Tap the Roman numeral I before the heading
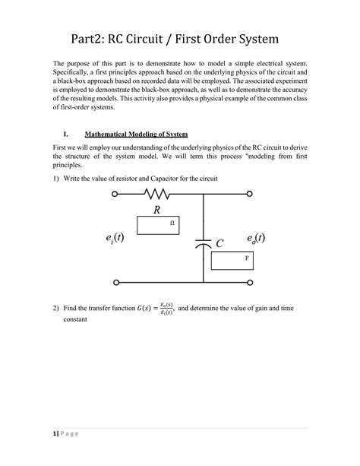(x=73, y=133)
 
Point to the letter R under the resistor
(x=156, y=210)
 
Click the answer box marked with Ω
(x=158, y=223)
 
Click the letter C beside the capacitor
(x=220, y=244)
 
